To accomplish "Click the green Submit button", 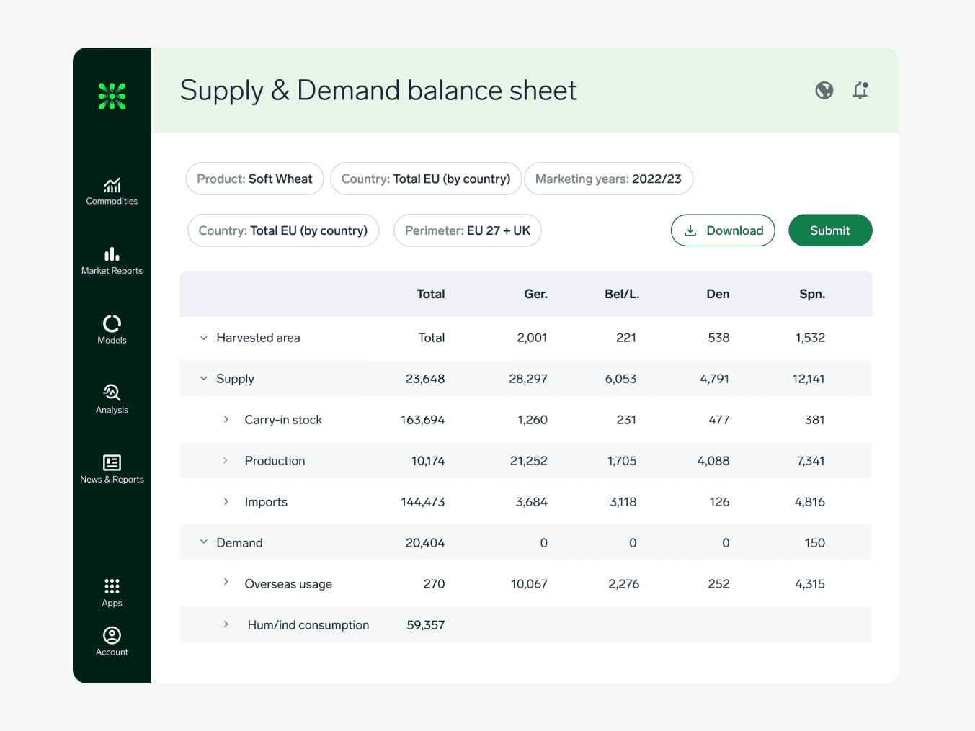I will coord(830,230).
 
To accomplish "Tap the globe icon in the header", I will coord(824,90).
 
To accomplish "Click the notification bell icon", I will coord(860,90).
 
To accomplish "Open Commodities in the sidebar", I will coord(112,192).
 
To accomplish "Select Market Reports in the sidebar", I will coord(112,261).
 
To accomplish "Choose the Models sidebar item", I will coord(112,330).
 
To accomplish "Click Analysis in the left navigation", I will coord(112,399).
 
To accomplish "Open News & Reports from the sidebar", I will coord(112,469).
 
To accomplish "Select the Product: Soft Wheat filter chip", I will coord(254,179).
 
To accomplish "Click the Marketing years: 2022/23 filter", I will coord(608,179).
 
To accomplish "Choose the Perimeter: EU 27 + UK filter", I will coord(467,230).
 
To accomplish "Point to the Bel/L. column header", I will coord(622,294).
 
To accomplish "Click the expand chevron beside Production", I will coord(226,461).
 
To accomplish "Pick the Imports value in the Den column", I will coord(719,502).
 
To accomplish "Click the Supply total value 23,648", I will coord(425,379).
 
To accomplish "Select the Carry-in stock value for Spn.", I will coord(814,420).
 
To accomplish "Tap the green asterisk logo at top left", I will coord(112,96).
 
